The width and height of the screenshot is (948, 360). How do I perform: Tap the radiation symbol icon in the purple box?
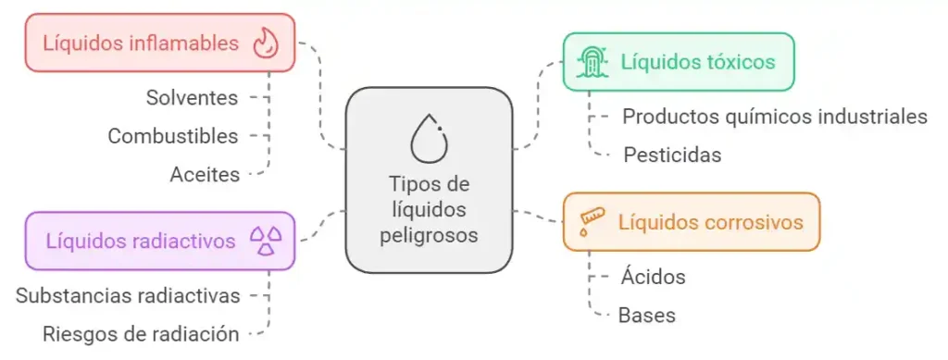pos(267,241)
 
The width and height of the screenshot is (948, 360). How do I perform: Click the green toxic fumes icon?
pos(592,62)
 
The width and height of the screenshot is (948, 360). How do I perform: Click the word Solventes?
pos(192,97)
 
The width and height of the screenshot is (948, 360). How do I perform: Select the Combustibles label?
pos(173,136)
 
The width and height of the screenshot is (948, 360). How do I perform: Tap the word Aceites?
pos(205,173)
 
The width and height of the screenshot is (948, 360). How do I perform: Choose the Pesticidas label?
pos(672,155)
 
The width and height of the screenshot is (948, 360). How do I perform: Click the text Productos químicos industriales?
pos(775,117)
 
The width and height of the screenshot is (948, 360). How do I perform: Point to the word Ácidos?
pos(653,276)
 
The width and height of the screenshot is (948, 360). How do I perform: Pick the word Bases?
pos(646,315)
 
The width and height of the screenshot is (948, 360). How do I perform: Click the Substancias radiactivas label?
pos(129,295)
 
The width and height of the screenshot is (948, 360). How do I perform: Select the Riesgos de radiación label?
pos(142,333)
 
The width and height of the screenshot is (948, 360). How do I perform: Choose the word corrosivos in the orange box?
pos(755,222)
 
